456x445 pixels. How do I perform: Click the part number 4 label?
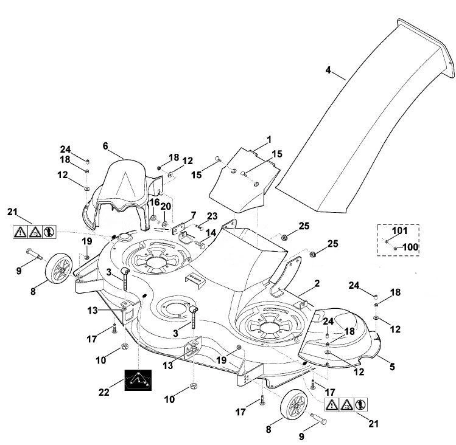point(328,70)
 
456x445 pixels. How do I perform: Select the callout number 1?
point(269,140)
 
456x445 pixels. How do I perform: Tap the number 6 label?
point(105,146)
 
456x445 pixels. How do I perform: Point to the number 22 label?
point(104,393)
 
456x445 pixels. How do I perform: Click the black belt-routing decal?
point(138,380)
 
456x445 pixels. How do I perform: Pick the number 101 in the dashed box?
point(400,230)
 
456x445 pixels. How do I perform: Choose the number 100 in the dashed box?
point(410,247)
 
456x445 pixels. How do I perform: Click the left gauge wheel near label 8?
point(58,268)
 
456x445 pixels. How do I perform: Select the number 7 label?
point(194,216)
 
